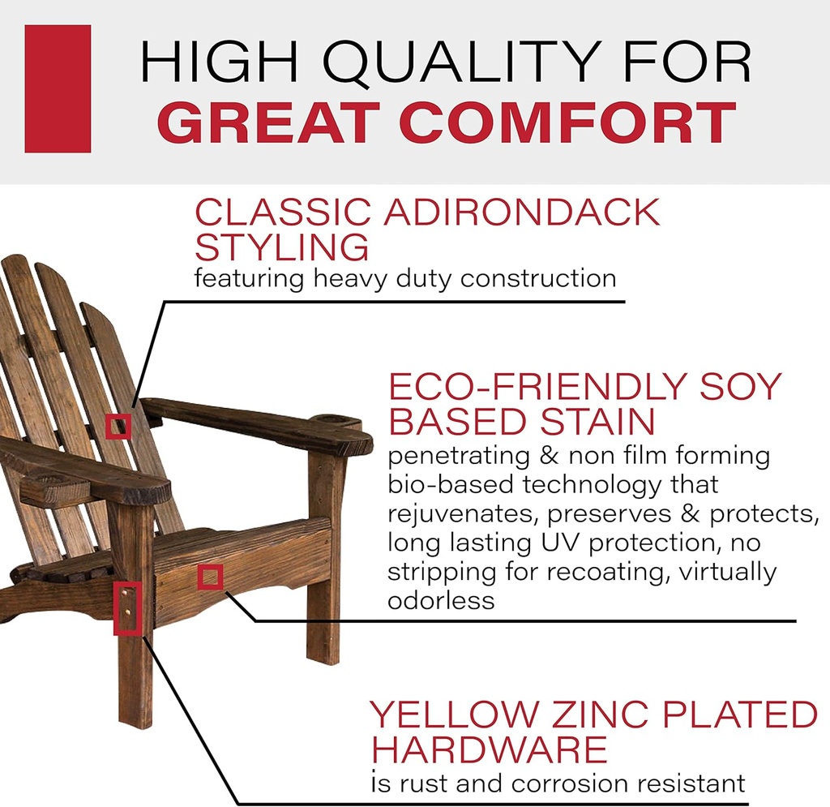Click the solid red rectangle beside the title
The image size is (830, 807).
pyautogui.click(x=58, y=88)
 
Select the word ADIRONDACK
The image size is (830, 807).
pyautogui.click(x=523, y=212)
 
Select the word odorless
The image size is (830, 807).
pyautogui.click(x=441, y=601)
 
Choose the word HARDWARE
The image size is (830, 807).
pyautogui.click(x=490, y=749)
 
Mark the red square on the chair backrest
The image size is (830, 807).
pyautogui.click(x=118, y=425)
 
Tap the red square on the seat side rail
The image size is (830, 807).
pyautogui.click(x=210, y=577)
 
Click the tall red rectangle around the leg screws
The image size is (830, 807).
pyautogui.click(x=128, y=607)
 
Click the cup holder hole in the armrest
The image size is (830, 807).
pyautogui.click(x=340, y=421)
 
